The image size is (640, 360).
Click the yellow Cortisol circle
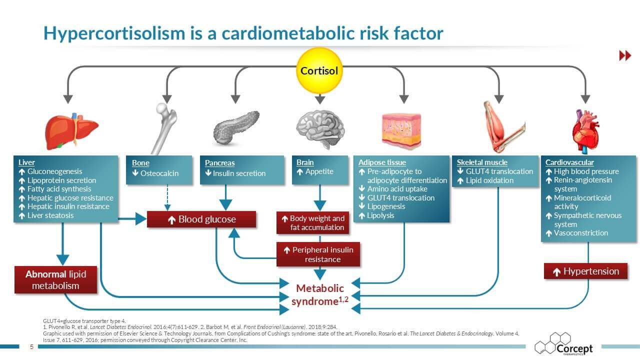point(319,70)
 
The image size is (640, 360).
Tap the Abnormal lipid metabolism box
point(55,280)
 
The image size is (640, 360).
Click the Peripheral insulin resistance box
point(318,254)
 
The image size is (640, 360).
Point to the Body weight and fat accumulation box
point(312,223)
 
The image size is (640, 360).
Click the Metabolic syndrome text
point(320,294)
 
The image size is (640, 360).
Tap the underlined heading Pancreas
point(219,163)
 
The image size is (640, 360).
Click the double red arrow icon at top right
point(625,56)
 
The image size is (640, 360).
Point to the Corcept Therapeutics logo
point(563,345)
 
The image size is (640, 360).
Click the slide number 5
point(31,347)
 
